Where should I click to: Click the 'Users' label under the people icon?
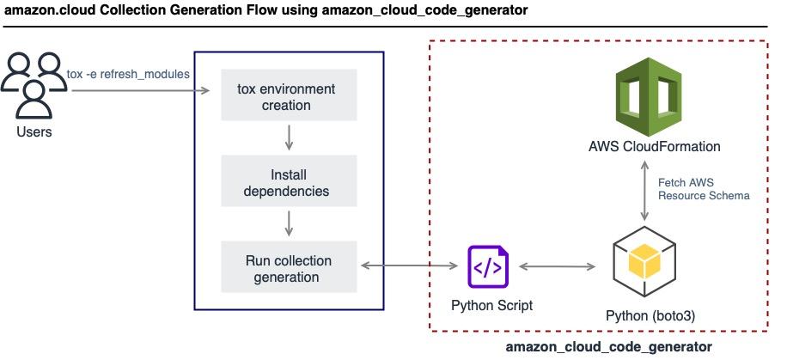pos(34,132)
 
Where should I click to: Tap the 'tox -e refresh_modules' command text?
pos(128,74)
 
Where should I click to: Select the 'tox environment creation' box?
pos(287,97)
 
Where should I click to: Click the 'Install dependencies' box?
pos(287,181)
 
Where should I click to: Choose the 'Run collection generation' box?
pos(287,267)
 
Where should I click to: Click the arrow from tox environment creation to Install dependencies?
pos(288,137)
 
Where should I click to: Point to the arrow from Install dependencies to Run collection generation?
pos(288,223)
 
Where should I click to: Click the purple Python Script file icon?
pos(487,267)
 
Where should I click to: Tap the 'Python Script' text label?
pos(492,305)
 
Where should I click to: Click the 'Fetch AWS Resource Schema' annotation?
pos(703,189)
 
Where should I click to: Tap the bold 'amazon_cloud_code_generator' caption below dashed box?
pos(608,346)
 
